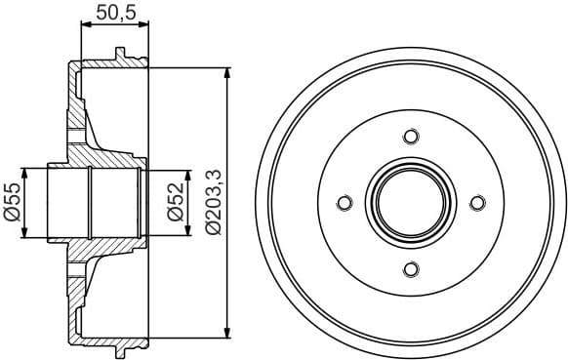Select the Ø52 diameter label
177,203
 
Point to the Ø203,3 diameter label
214,202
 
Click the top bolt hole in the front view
410,136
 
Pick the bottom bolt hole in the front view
410,268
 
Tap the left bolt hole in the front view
344,202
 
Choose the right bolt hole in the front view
476,202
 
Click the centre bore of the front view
410,202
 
